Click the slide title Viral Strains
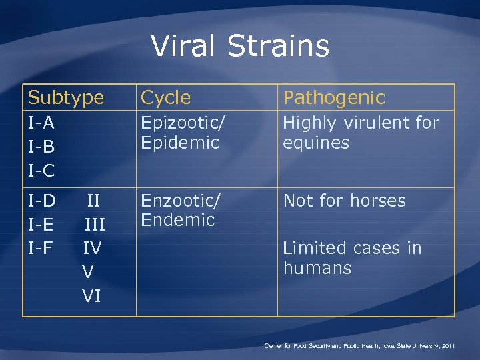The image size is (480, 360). [240, 46]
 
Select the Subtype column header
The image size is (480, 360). [66, 98]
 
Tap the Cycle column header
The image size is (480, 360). [166, 98]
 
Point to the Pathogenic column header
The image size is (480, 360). [334, 98]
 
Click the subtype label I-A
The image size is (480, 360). [41, 123]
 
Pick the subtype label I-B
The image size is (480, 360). [41, 147]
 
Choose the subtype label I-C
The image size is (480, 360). [41, 171]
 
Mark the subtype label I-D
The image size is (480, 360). [41, 201]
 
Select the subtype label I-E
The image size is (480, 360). [41, 225]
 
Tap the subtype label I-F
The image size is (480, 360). [41, 248]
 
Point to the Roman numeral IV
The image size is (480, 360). [92, 248]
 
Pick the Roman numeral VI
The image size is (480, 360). [91, 295]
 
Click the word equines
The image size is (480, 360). [316, 143]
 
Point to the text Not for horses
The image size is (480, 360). [344, 201]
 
